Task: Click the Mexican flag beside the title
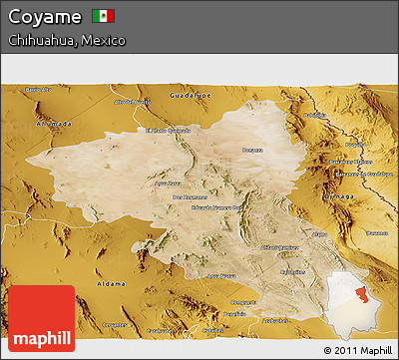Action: point(103,16)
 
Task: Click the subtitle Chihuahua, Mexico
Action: point(66,41)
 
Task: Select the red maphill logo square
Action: point(40,317)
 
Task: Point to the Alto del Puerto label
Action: point(133,102)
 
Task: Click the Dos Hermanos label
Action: point(189,196)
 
